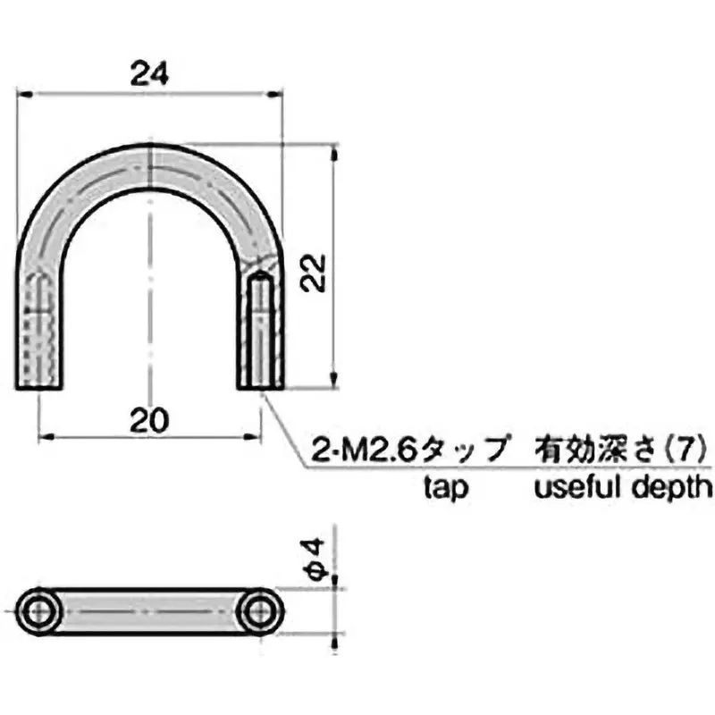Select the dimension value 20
click(x=149, y=419)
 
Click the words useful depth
click(x=623, y=487)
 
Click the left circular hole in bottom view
click(x=39, y=611)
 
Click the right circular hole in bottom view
click(x=260, y=611)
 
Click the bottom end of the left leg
click(x=39, y=386)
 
